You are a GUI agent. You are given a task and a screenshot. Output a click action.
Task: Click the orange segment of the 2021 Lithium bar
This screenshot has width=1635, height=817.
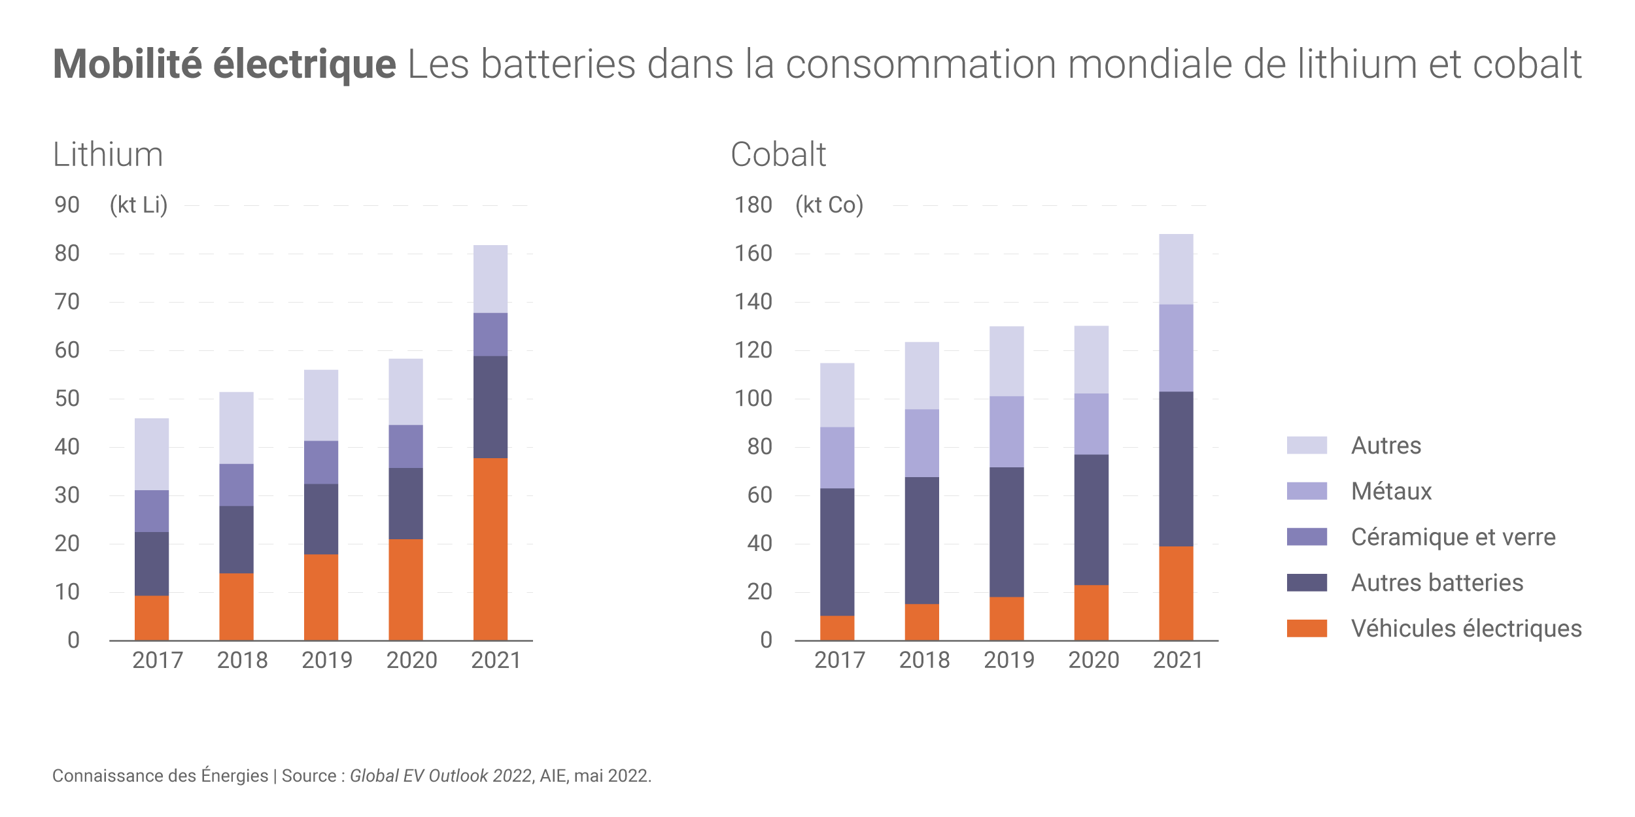pyautogui.click(x=490, y=549)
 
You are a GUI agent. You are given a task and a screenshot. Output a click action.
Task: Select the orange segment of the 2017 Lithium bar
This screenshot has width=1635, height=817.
pyautogui.click(x=151, y=618)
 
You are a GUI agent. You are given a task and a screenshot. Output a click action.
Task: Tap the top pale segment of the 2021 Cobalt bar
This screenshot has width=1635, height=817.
pyautogui.click(x=1176, y=269)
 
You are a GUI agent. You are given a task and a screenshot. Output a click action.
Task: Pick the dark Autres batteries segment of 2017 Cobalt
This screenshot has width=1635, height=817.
pyautogui.click(x=836, y=552)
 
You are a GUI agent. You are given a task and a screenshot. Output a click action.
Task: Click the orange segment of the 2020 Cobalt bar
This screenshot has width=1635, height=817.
pyautogui.click(x=1091, y=612)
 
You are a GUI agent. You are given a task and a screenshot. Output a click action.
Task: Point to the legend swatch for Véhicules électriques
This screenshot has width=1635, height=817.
pyautogui.click(x=1307, y=628)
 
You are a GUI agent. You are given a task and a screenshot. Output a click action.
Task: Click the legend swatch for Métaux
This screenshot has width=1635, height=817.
pyautogui.click(x=1307, y=491)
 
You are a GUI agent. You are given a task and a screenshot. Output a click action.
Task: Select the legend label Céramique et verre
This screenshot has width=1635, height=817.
pyautogui.click(x=1453, y=537)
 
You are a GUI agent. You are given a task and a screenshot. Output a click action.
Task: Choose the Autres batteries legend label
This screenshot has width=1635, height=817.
pyautogui.click(x=1437, y=582)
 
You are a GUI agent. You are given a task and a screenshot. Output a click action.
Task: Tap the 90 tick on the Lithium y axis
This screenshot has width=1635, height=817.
pyautogui.click(x=67, y=205)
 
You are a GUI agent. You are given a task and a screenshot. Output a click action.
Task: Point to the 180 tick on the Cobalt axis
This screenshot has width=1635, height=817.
pyautogui.click(x=753, y=205)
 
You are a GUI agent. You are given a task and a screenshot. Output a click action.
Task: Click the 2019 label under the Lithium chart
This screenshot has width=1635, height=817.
pyautogui.click(x=326, y=660)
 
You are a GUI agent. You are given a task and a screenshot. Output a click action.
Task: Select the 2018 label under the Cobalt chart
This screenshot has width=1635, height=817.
pyautogui.click(x=924, y=660)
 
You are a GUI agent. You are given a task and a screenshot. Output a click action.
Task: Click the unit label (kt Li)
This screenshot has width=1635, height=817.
pyautogui.click(x=139, y=205)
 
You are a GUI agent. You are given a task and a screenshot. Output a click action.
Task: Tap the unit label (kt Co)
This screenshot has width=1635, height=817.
pyautogui.click(x=829, y=205)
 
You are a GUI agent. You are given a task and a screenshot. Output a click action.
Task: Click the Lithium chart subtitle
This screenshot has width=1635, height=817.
pyautogui.click(x=108, y=155)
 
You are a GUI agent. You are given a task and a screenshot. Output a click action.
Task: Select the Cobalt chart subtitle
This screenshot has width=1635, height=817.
pyautogui.click(x=778, y=155)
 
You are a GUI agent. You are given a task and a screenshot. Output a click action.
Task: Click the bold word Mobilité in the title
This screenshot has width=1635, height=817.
pyautogui.click(x=128, y=64)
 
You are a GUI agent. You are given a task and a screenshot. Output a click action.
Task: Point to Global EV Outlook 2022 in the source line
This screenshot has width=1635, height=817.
pyautogui.click(x=440, y=776)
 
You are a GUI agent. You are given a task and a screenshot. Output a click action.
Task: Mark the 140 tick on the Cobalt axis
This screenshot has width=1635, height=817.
pyautogui.click(x=753, y=302)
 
